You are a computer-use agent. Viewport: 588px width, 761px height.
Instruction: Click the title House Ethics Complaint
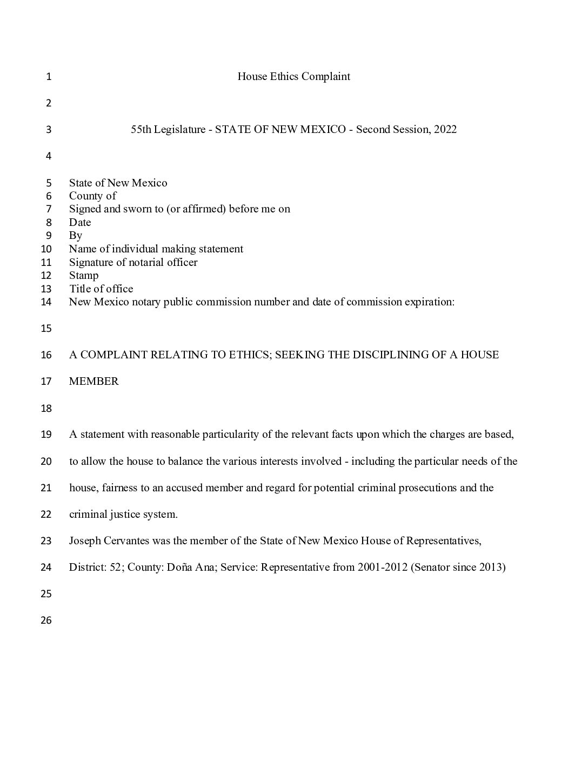coord(293,76)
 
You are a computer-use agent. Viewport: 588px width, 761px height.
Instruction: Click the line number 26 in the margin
coord(46,620)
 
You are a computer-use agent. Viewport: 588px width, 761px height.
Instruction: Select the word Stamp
coord(84,275)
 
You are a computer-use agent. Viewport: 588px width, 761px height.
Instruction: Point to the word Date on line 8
coord(80,222)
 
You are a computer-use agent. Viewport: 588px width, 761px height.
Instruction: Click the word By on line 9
coord(76,236)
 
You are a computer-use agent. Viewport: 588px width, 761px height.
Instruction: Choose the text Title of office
coord(101,289)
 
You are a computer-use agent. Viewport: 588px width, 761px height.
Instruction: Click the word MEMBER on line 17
coord(94,381)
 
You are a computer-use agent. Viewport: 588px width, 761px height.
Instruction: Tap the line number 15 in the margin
coord(46,329)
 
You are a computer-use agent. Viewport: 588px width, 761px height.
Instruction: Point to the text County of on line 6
coord(92,196)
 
